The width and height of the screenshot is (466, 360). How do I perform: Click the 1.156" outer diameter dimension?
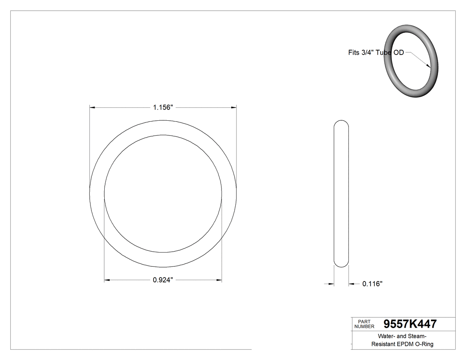162,107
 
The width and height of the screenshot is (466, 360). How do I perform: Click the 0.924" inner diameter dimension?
162,280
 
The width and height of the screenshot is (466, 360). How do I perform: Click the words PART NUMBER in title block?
364,324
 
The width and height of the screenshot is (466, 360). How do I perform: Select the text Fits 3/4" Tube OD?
375,52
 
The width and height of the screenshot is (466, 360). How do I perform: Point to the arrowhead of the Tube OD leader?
428,66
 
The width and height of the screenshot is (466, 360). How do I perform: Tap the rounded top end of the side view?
341,123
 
